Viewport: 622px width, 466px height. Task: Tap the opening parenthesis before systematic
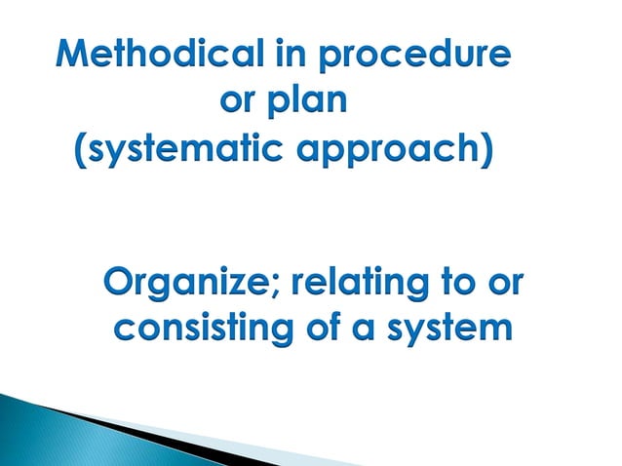[x=82, y=152]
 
